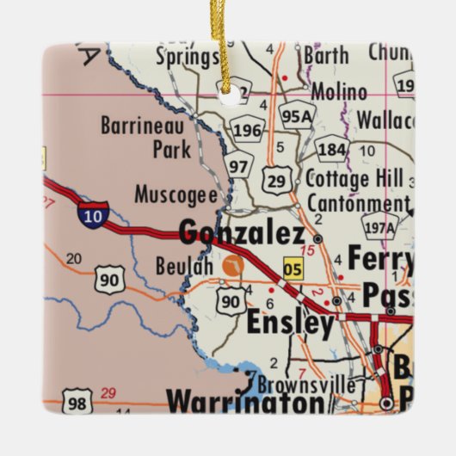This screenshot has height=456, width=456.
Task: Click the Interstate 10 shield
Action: coord(93,214)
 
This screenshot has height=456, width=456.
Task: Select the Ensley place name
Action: coord(290,324)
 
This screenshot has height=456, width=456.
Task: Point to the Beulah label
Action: coord(183,266)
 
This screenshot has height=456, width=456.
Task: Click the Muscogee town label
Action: coord(176,194)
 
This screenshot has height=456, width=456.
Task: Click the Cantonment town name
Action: coord(356,204)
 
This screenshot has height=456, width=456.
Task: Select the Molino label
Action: coord(338,92)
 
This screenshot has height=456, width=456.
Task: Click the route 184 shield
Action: coord(331,150)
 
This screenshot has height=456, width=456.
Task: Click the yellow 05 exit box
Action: coord(293,269)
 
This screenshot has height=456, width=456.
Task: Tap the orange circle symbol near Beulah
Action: coord(231,268)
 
